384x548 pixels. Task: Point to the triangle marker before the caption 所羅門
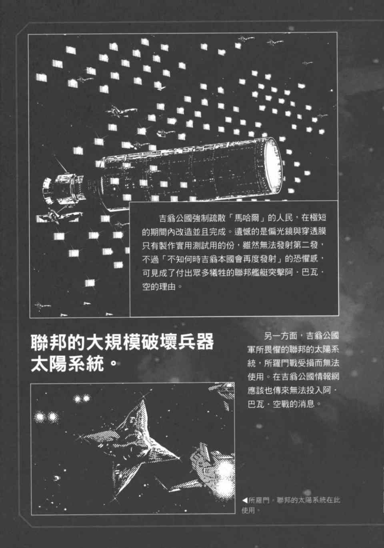pos(245,500)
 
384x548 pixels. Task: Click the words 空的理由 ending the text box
pos(159,286)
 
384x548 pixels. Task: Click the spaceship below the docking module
pos(59,216)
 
